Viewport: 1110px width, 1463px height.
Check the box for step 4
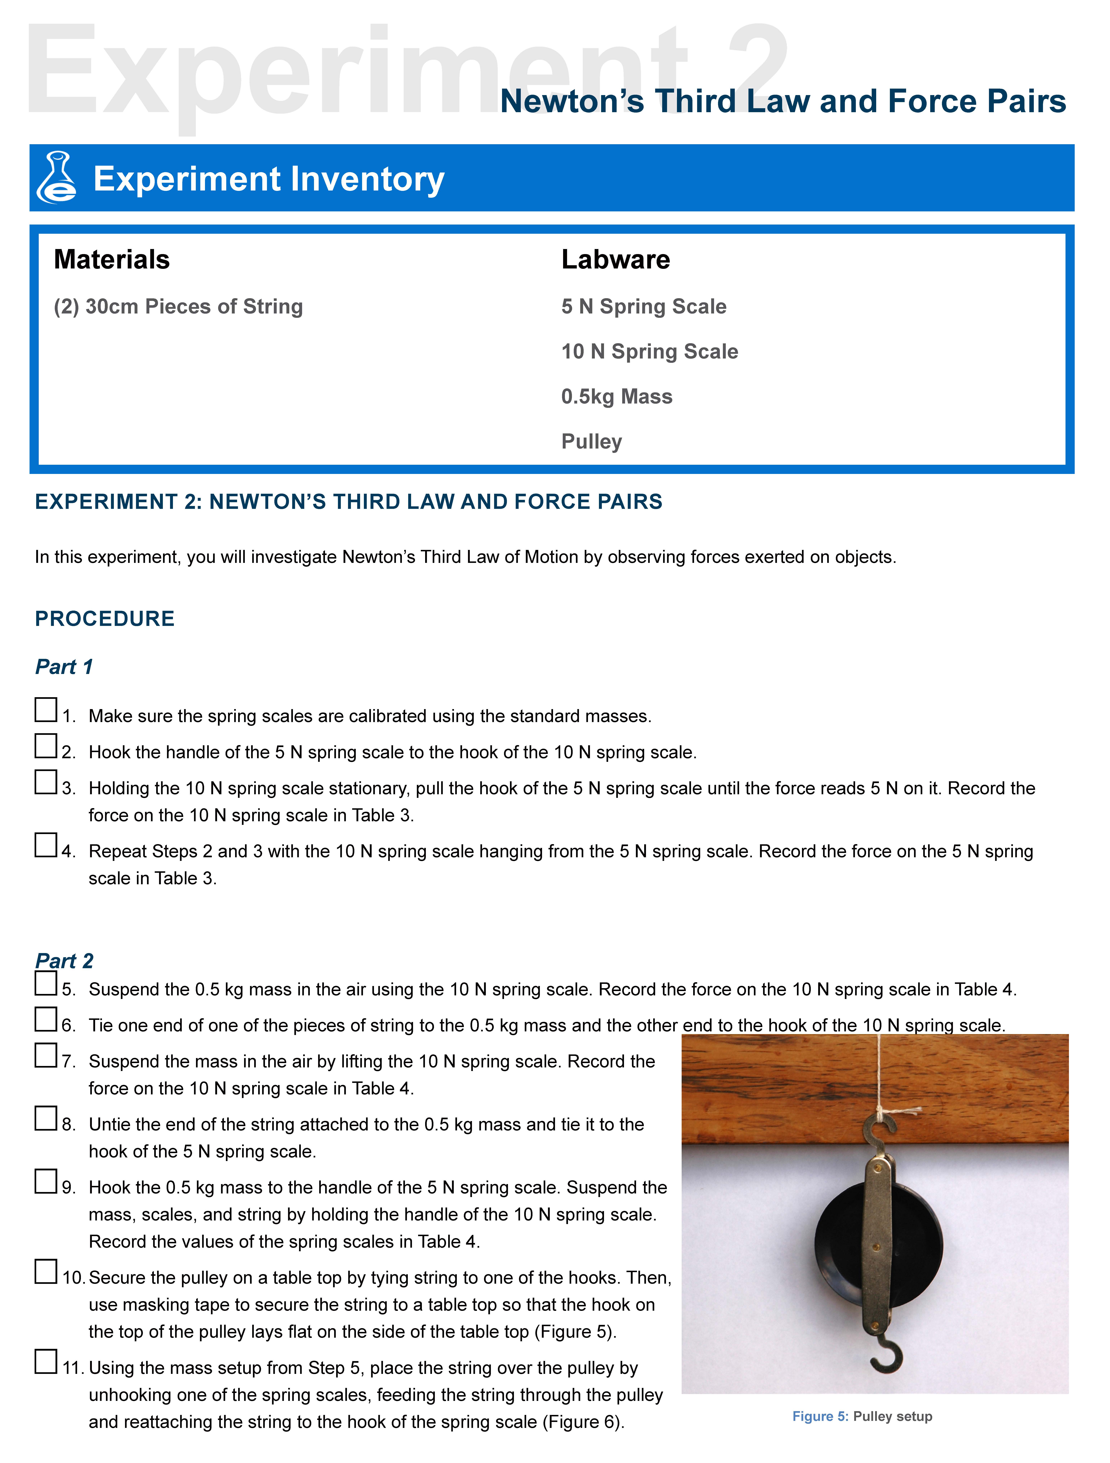coord(46,845)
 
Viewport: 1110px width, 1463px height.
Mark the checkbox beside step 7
coord(46,1055)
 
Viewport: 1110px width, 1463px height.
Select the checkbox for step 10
coord(46,1271)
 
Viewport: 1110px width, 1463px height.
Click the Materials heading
coord(112,259)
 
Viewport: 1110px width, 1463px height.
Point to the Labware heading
coord(615,259)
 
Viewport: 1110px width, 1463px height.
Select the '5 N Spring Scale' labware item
coord(644,306)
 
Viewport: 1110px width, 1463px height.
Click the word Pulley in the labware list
coord(591,441)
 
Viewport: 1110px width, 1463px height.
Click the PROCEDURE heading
coord(104,618)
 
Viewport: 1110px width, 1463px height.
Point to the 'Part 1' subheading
coord(64,667)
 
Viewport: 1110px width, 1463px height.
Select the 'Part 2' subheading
coord(64,960)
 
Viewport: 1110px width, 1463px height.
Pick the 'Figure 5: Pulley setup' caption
coord(862,1416)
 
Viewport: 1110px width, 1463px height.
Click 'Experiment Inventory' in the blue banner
coord(269,179)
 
